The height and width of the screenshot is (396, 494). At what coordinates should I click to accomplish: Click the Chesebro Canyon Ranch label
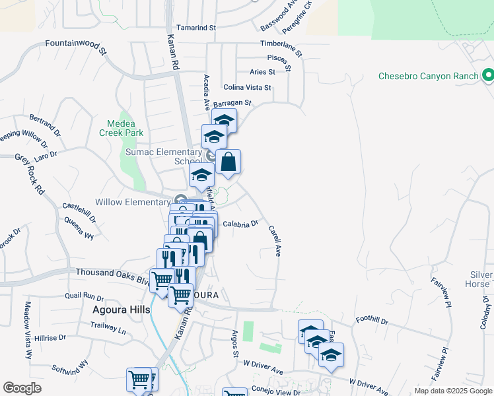pyautogui.click(x=427, y=76)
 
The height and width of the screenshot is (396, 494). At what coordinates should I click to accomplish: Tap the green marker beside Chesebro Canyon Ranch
pyautogui.click(x=487, y=75)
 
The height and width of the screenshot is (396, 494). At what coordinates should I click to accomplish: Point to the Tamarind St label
pyautogui.click(x=197, y=28)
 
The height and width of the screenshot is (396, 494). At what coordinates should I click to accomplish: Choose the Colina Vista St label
pyautogui.click(x=248, y=87)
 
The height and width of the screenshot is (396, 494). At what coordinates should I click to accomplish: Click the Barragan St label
pyautogui.click(x=232, y=103)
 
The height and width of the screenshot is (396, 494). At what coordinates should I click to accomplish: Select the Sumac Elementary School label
pyautogui.click(x=164, y=156)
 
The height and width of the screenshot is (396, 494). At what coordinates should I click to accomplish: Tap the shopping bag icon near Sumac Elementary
pyautogui.click(x=228, y=162)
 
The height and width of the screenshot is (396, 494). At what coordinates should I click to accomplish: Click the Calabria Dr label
pyautogui.click(x=240, y=224)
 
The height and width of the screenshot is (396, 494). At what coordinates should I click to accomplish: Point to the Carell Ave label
pyautogui.click(x=275, y=242)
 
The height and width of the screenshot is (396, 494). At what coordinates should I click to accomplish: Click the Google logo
pyautogui.click(x=22, y=388)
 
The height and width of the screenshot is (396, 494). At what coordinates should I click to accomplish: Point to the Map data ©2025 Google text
pyautogui.click(x=452, y=391)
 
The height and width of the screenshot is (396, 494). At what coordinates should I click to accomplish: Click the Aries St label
pyautogui.click(x=262, y=72)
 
